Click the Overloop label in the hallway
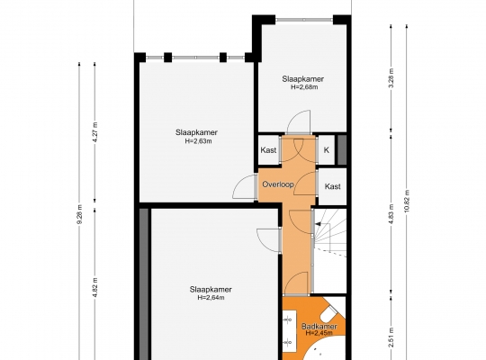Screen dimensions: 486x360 [x=278, y=184]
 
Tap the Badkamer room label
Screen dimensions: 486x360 [x=319, y=326]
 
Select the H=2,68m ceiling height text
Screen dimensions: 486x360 [x=304, y=87]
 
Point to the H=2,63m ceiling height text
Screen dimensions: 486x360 [x=198, y=141]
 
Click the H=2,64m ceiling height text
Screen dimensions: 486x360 [x=211, y=298]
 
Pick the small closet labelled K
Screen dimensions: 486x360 [x=327, y=150]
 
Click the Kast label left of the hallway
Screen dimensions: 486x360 [x=268, y=150]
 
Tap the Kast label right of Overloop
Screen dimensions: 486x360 [x=333, y=186]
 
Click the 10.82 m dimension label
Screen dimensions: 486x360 [x=407, y=201]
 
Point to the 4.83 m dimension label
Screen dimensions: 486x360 [x=391, y=214]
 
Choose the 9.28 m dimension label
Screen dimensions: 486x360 [x=80, y=214]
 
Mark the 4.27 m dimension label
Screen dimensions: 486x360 [x=95, y=132]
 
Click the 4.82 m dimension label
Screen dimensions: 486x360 [x=95, y=287]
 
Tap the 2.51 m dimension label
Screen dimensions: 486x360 [x=391, y=337]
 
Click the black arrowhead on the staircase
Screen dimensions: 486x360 [x=318, y=224]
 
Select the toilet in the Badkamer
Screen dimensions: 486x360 [x=329, y=313]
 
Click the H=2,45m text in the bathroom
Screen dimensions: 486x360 [x=319, y=333]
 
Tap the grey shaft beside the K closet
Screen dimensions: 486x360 [x=342, y=150]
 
